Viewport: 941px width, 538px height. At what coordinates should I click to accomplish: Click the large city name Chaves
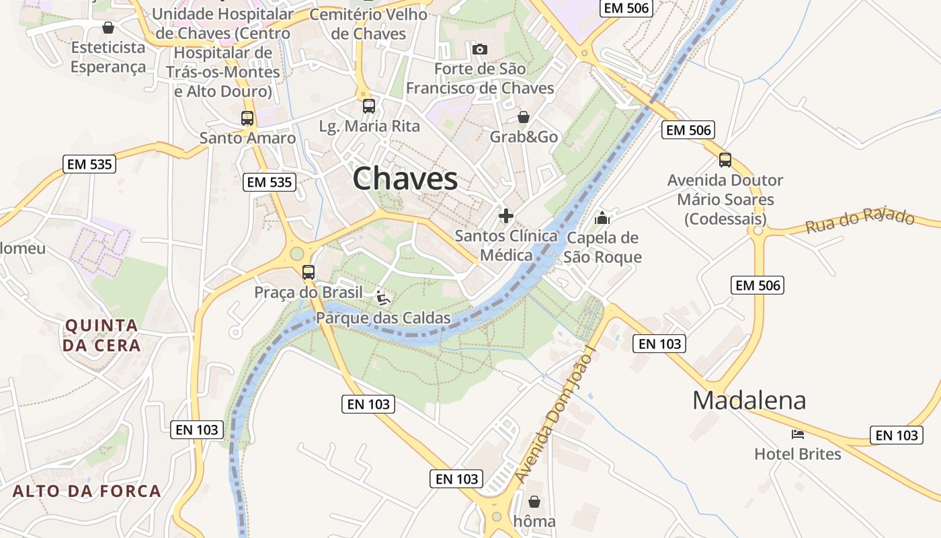(x=405, y=179)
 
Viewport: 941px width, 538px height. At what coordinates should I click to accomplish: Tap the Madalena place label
(x=749, y=400)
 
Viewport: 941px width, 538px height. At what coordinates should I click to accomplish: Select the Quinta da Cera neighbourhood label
(x=102, y=335)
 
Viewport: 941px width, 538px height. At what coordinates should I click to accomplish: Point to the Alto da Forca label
(x=87, y=490)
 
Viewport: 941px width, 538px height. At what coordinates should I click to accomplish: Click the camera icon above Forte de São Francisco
(x=479, y=49)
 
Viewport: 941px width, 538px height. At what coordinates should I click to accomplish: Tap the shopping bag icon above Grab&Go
(x=523, y=118)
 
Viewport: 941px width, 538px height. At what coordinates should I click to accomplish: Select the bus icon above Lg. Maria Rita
(x=368, y=106)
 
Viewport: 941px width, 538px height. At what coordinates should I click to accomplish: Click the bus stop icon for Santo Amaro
(x=247, y=118)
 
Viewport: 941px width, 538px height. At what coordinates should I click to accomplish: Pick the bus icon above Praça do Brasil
(x=308, y=272)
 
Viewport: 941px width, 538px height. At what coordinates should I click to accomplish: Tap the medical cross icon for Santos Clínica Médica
(x=506, y=216)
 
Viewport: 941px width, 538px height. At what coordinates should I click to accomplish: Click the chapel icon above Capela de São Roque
(x=602, y=218)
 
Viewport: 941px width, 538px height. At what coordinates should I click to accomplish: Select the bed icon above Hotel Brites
(x=798, y=434)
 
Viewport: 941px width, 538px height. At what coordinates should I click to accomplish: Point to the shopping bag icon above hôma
(x=534, y=502)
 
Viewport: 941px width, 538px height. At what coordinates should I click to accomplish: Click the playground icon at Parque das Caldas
(x=383, y=297)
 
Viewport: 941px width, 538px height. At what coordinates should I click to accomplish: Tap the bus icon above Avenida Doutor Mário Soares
(x=725, y=160)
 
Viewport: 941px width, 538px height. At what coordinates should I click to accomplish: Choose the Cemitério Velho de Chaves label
(x=369, y=24)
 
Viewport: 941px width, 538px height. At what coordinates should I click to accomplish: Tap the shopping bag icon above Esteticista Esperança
(x=108, y=28)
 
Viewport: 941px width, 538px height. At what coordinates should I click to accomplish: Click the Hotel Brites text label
(x=797, y=454)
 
